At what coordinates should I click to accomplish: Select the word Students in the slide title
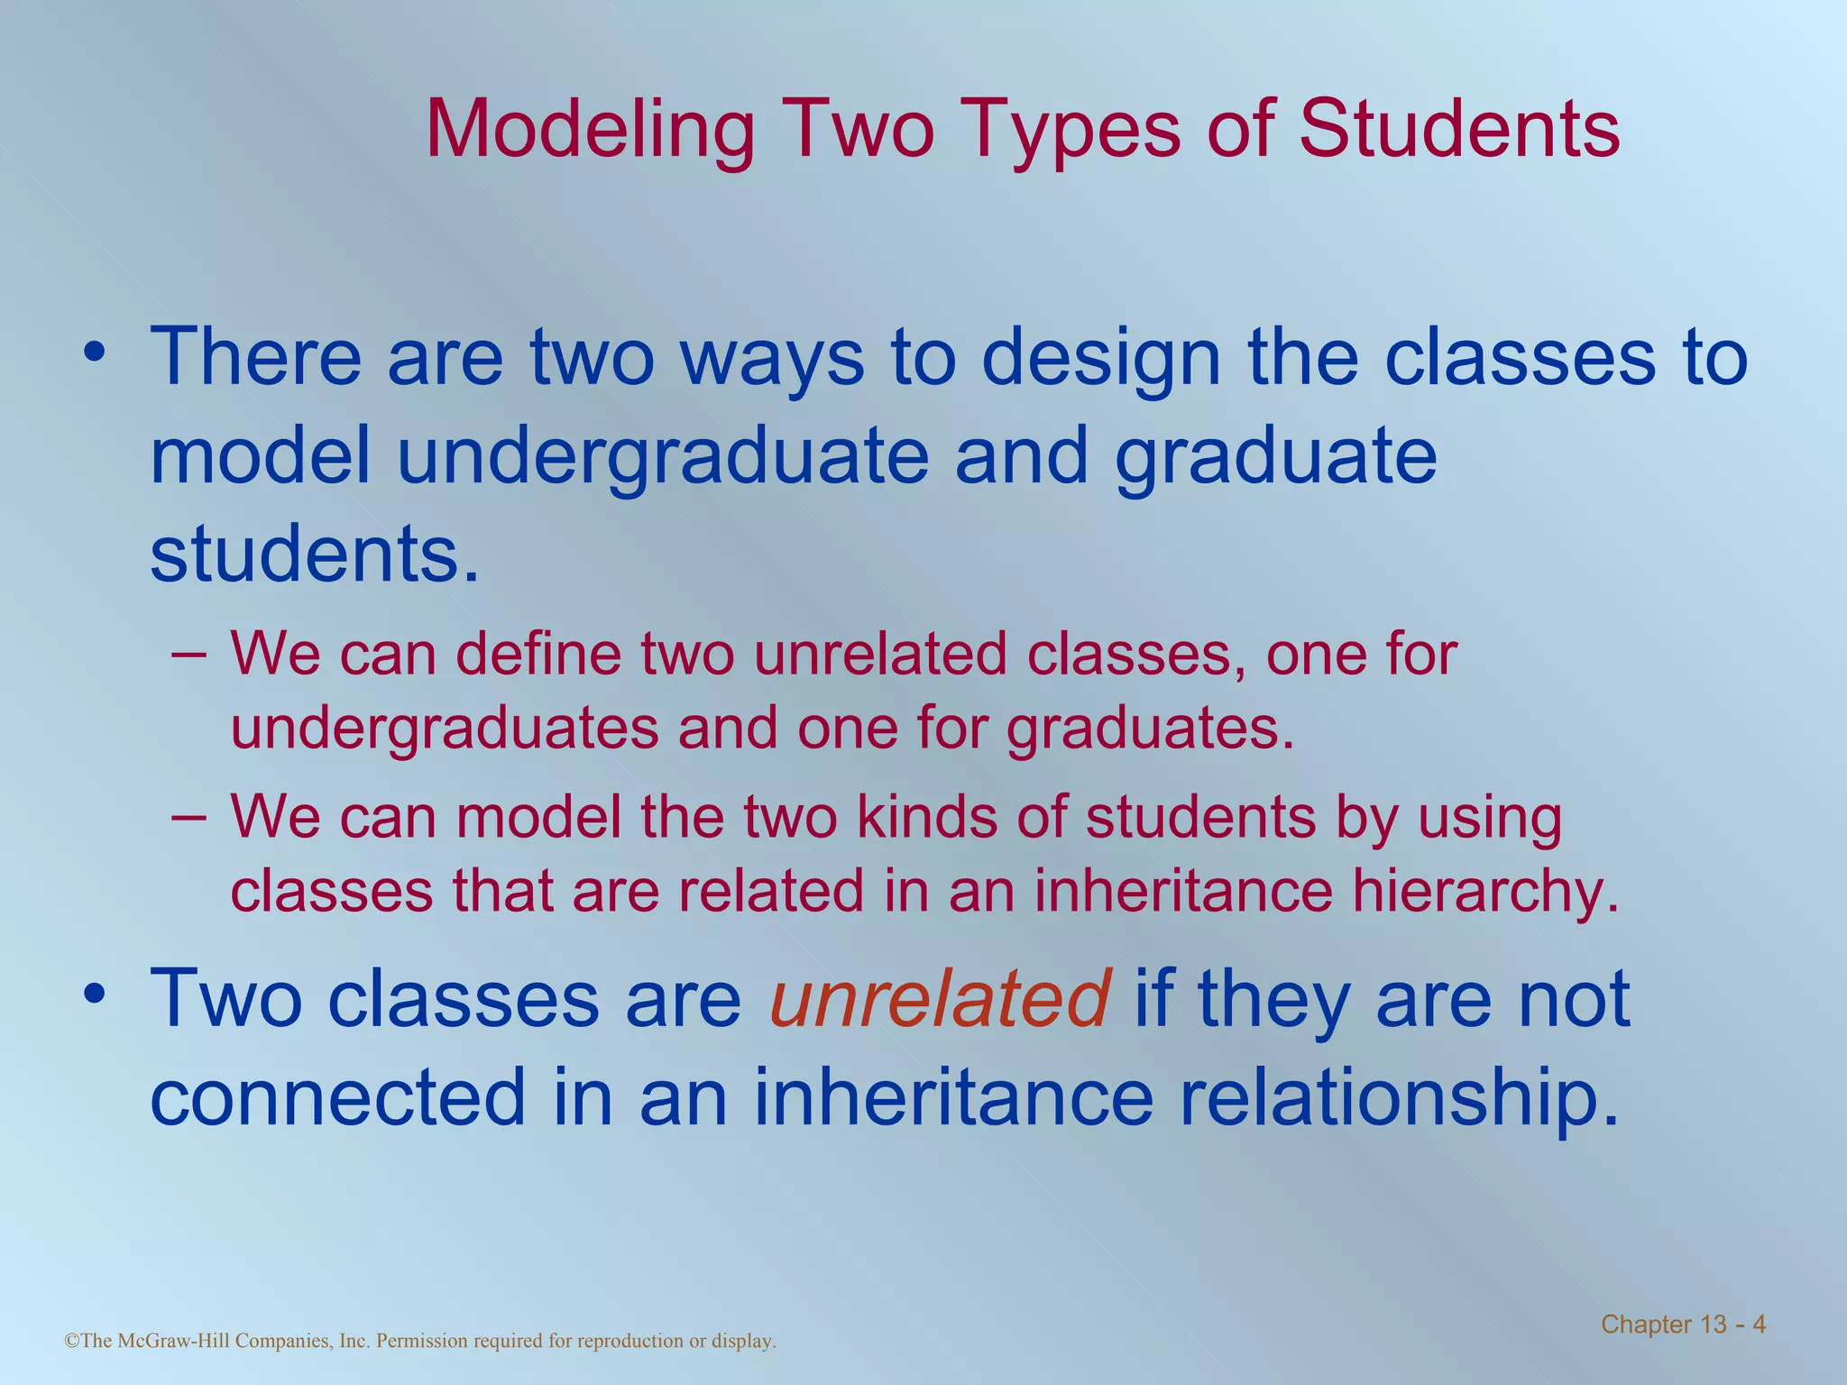pyautogui.click(x=1458, y=129)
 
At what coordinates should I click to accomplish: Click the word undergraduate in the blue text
pyautogui.click(x=663, y=456)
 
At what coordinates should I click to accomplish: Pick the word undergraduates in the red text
pyautogui.click(x=445, y=728)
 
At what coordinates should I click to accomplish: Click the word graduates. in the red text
pyautogui.click(x=1150, y=728)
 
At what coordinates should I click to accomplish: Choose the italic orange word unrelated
pyautogui.click(x=939, y=999)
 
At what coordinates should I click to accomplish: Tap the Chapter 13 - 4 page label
pyautogui.click(x=1683, y=1325)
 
